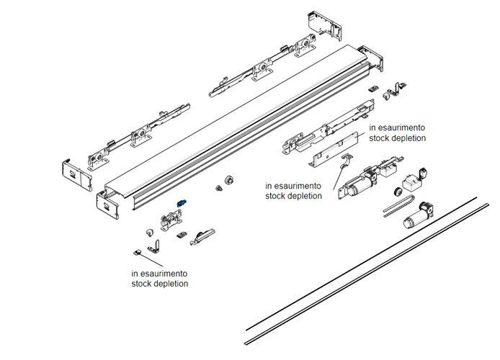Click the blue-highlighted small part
pyautogui.click(x=183, y=204)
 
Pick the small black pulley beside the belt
pyautogui.click(x=396, y=192)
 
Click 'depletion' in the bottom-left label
pyautogui.click(x=171, y=284)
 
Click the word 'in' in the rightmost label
pyautogui.click(x=372, y=127)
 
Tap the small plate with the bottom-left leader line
pyautogui.click(x=137, y=253)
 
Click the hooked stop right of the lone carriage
pyautogui.click(x=205, y=235)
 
